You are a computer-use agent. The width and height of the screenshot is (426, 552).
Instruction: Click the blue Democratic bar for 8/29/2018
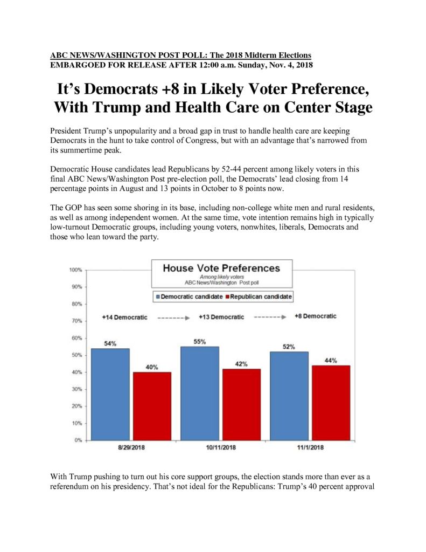[x=110, y=394]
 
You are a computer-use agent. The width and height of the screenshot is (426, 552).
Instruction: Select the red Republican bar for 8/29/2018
[x=152, y=406]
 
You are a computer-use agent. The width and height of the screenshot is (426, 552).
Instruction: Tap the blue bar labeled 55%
[x=200, y=393]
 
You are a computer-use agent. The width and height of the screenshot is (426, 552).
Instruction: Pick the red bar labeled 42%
[x=242, y=404]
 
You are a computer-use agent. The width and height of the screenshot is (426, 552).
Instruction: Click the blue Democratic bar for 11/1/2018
[x=289, y=396]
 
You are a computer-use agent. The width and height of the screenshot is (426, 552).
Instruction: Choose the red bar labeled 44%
[x=331, y=403]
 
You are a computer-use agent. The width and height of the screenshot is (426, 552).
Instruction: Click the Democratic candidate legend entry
[x=189, y=297]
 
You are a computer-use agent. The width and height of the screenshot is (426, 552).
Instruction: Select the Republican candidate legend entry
[x=259, y=297]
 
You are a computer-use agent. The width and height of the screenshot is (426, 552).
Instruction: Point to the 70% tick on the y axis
[x=86, y=321]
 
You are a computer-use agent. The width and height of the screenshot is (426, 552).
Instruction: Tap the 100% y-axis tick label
[x=75, y=270]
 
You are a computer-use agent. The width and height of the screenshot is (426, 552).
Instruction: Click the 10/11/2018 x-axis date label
[x=221, y=447]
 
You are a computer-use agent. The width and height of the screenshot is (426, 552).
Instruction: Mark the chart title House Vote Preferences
[x=221, y=268]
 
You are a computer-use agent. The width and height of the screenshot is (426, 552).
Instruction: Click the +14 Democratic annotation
[x=124, y=317]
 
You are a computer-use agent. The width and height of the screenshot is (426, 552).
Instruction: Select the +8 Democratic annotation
[x=316, y=316]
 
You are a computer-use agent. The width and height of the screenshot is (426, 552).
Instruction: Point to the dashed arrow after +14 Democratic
[x=173, y=318]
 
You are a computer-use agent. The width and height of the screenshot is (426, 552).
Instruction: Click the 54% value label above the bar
[x=110, y=343]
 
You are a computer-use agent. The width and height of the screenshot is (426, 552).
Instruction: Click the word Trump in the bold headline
[x=116, y=107]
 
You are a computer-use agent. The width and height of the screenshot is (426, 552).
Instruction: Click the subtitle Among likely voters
[x=222, y=277]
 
